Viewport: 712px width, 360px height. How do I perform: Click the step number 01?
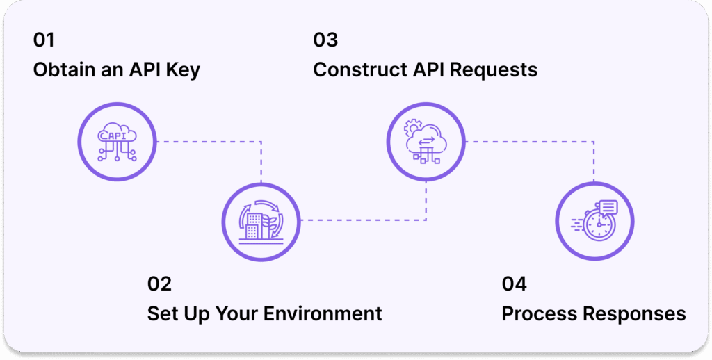[43, 40]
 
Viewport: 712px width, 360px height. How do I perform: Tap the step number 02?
[159, 284]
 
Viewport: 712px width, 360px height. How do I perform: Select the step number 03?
[325, 40]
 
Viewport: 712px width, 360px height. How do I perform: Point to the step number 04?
[515, 284]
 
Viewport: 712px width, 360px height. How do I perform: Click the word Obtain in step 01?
[66, 70]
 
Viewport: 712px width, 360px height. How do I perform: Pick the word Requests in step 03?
[496, 70]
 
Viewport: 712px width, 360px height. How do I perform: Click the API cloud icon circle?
[117, 142]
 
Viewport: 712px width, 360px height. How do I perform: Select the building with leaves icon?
[261, 221]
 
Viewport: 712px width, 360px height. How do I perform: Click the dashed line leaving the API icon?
[209, 142]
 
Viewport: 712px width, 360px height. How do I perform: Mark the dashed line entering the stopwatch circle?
[594, 167]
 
